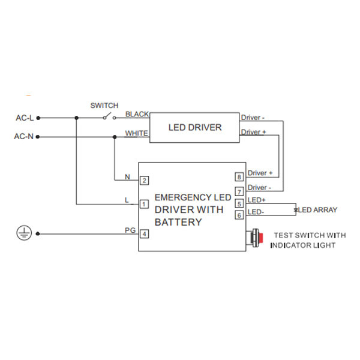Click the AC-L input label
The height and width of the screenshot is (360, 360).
24,118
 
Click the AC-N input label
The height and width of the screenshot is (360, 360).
24,137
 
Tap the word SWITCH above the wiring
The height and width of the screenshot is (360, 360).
104,105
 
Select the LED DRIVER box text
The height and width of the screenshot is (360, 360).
194,127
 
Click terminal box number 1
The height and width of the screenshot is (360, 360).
144,204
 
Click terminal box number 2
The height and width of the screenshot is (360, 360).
144,180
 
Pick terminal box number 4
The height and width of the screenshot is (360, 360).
144,233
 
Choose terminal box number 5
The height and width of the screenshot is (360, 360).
239,203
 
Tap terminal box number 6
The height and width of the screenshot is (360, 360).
239,215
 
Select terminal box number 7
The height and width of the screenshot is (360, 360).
239,191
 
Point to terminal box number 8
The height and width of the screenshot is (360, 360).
239,177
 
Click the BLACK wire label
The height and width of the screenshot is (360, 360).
137,113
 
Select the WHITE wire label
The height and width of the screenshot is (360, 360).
137,133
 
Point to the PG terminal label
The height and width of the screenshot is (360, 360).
130,230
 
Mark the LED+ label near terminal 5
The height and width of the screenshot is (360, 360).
257,199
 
